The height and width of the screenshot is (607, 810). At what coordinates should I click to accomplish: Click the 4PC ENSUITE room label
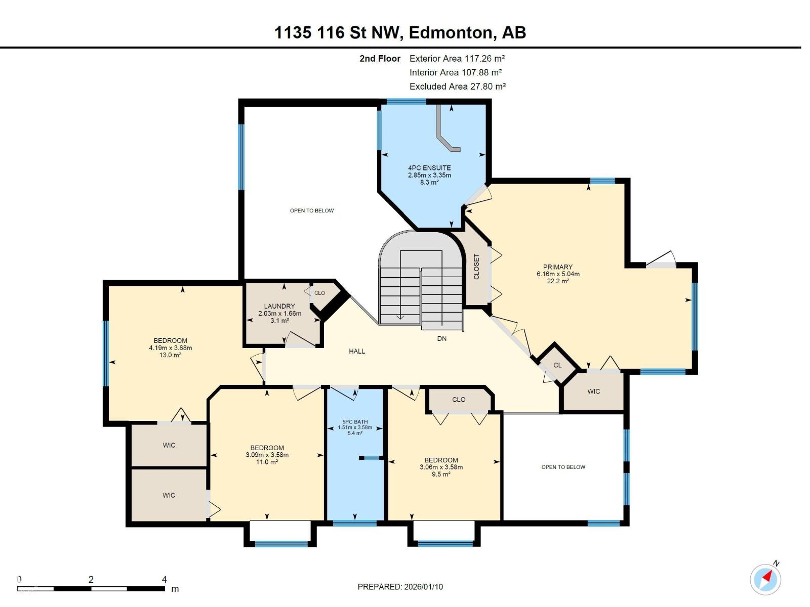429,168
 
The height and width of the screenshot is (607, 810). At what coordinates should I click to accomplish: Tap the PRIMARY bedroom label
558,267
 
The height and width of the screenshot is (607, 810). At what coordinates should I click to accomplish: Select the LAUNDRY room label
279,306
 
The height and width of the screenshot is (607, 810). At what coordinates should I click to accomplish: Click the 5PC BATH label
355,422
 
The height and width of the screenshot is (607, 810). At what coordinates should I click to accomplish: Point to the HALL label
357,351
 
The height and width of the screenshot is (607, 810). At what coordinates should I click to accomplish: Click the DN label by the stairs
442,338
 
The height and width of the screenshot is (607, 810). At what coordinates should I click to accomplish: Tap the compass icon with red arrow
765,579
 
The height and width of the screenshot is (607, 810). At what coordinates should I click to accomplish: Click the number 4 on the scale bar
164,580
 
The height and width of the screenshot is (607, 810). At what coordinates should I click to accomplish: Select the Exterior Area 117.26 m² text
457,59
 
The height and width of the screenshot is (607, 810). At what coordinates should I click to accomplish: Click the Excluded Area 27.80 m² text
458,86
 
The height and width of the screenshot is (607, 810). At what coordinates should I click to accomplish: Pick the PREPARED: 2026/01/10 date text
400,587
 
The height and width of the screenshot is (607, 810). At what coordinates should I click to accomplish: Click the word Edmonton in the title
451,32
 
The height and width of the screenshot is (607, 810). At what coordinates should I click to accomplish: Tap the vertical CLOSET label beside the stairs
476,267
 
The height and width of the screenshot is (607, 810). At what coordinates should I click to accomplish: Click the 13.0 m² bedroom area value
171,355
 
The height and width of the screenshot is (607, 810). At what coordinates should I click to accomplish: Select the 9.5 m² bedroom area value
441,474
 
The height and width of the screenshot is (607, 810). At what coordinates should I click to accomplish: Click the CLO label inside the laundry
319,293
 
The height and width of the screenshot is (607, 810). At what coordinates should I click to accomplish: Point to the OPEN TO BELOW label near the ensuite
312,210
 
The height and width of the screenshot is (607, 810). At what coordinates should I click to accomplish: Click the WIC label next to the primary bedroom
594,392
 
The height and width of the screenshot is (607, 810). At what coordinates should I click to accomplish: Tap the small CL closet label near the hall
557,365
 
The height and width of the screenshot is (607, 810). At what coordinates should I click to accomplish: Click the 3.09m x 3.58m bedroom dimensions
267,455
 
